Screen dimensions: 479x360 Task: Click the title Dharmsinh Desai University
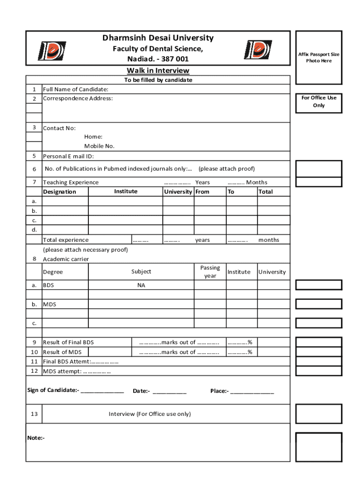(158, 38)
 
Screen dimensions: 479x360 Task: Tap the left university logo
(51, 51)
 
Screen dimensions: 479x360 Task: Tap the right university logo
(258, 50)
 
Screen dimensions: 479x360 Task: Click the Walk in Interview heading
(158, 71)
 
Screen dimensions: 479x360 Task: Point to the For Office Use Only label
(319, 102)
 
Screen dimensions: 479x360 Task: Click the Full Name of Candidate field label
(76, 89)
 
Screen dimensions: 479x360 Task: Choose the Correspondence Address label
(78, 98)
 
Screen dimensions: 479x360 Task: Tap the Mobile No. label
(99, 146)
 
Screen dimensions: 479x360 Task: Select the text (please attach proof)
(226, 169)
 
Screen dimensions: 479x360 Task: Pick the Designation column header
(59, 192)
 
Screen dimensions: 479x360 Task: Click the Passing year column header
(210, 272)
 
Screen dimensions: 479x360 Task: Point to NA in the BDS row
(141, 285)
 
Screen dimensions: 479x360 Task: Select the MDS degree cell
(50, 305)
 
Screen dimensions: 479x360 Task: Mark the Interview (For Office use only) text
(150, 414)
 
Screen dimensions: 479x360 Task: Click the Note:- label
(36, 438)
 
